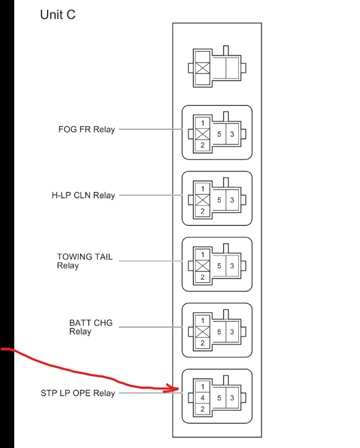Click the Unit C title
point(58,15)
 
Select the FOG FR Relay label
point(87,129)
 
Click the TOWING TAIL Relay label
point(84,261)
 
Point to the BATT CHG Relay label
point(91,327)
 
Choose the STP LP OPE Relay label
point(78,393)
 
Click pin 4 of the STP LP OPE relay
point(202,398)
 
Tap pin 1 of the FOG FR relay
point(202,123)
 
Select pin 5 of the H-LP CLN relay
point(219,200)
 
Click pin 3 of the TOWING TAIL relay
point(232,266)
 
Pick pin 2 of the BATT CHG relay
point(202,343)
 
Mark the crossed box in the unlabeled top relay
point(202,68)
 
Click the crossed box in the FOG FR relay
point(202,134)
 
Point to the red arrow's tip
point(179,389)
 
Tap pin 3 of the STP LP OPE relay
point(232,398)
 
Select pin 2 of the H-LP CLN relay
point(202,212)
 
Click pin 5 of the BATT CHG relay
point(219,332)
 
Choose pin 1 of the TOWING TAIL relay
point(202,255)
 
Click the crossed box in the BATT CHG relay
point(202,332)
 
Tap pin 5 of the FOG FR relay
point(219,134)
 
